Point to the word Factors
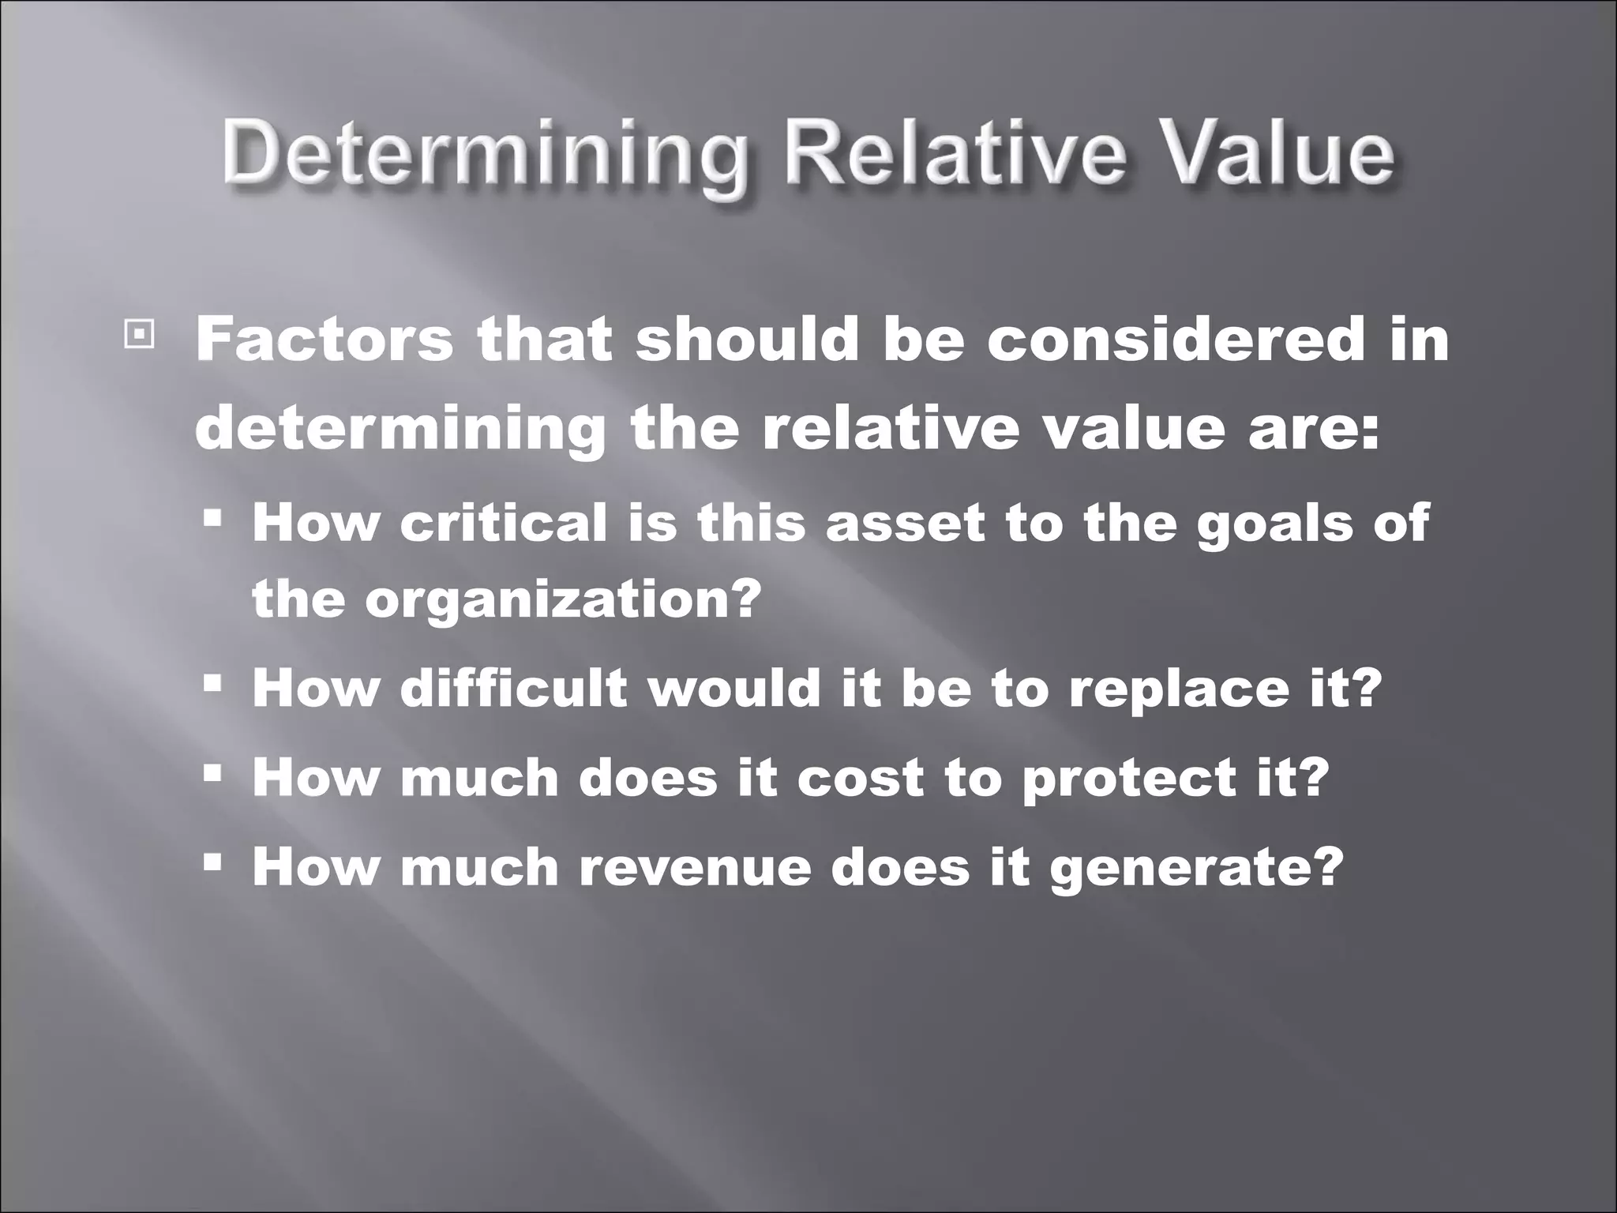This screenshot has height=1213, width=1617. pyautogui.click(x=324, y=340)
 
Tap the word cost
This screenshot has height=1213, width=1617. pyautogui.click(x=860, y=778)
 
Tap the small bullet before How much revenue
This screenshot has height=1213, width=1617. pyautogui.click(x=212, y=860)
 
